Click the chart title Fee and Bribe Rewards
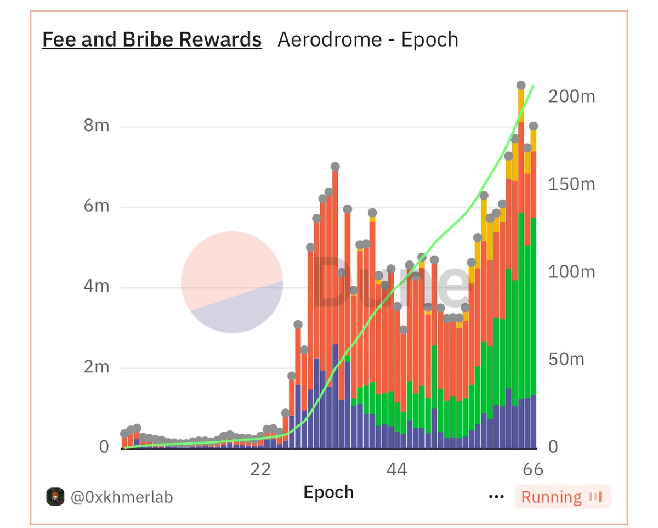[x=152, y=40]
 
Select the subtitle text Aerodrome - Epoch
[x=367, y=40]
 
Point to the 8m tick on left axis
[x=97, y=126]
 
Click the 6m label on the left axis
[x=97, y=207]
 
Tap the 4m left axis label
[x=97, y=287]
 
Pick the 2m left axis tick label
[x=97, y=367]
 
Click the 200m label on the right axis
[x=571, y=96]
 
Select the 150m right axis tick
[x=571, y=184]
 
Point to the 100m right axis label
[x=571, y=272]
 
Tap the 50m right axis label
[x=566, y=360]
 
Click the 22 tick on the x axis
[x=260, y=469]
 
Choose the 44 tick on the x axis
[x=396, y=469]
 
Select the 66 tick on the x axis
[x=532, y=469]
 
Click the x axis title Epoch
[x=328, y=492]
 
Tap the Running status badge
[x=562, y=497]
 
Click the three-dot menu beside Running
[x=496, y=497]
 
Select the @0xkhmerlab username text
[x=121, y=497]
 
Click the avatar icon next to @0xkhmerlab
[x=55, y=497]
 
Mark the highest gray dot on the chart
[x=521, y=86]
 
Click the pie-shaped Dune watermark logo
[x=232, y=282]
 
